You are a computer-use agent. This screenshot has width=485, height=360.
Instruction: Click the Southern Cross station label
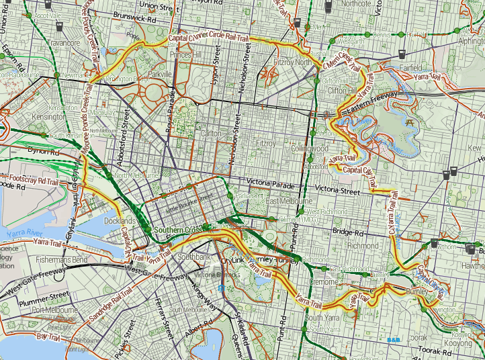pyautogui.click(x=177, y=230)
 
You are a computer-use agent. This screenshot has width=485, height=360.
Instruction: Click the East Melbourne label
pyautogui.click(x=289, y=201)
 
